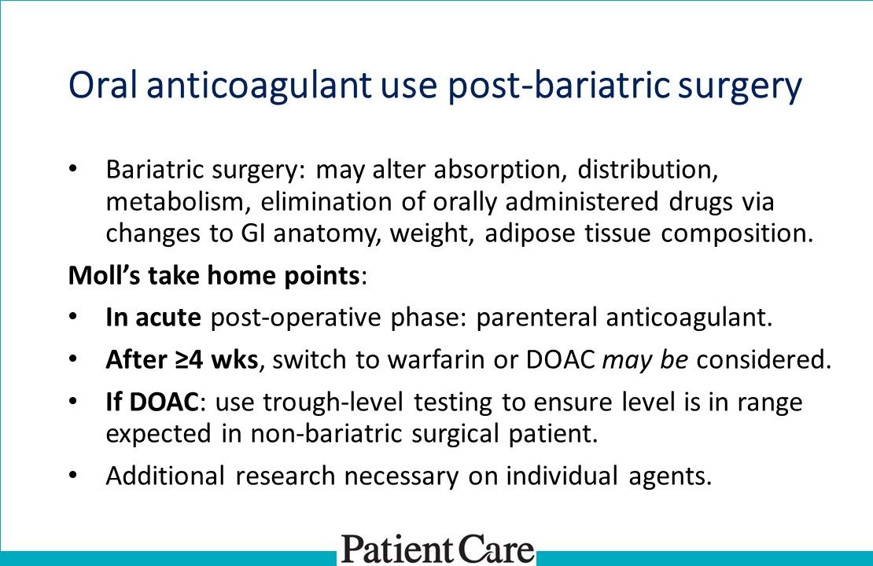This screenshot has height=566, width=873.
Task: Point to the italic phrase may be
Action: (645, 360)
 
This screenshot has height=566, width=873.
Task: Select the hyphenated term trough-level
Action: (330, 402)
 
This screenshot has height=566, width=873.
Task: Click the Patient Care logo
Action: (437, 548)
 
